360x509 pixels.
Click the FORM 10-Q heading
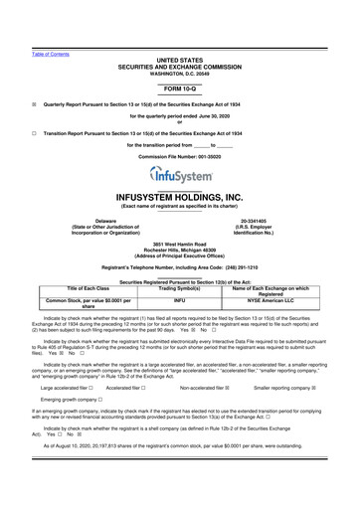pos(180,88)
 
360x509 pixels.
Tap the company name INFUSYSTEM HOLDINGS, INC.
pos(180,197)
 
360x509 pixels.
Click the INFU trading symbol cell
pos(179,298)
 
